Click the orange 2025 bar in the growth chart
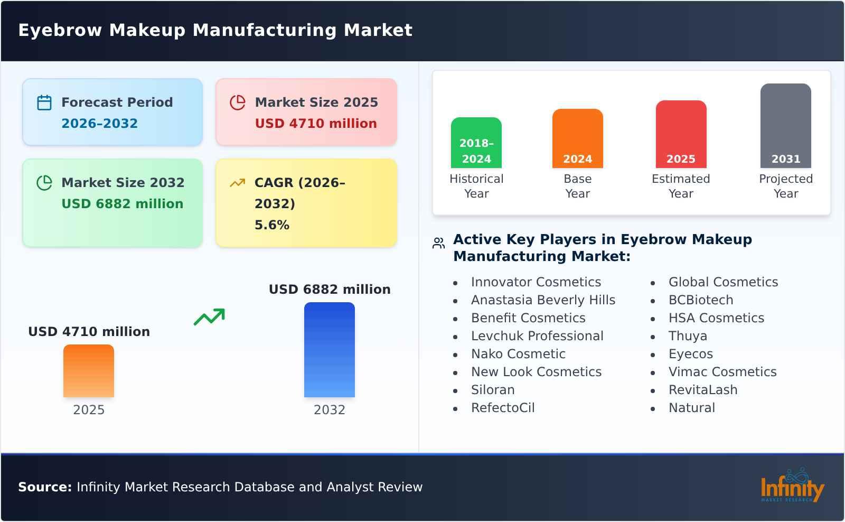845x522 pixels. click(89, 371)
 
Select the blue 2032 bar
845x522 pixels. click(329, 350)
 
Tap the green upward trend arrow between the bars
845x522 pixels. click(209, 317)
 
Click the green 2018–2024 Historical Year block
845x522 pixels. click(476, 143)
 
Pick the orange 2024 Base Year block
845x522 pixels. click(577, 138)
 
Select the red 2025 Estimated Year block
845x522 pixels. click(681, 134)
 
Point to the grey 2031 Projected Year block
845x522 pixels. click(785, 126)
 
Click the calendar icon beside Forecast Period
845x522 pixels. click(44, 102)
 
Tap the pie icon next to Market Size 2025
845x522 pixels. click(238, 102)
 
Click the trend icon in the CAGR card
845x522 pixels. click(237, 183)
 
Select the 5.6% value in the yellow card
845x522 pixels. click(271, 225)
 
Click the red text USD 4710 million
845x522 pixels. click(316, 124)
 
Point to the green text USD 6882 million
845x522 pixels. click(123, 204)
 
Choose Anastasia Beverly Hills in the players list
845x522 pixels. click(543, 300)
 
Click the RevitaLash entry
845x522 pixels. click(702, 390)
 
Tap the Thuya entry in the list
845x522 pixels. click(687, 336)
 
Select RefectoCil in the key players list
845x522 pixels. click(503, 408)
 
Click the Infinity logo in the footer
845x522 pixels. click(792, 486)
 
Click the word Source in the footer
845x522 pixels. click(44, 487)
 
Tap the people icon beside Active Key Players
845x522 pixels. click(438, 243)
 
